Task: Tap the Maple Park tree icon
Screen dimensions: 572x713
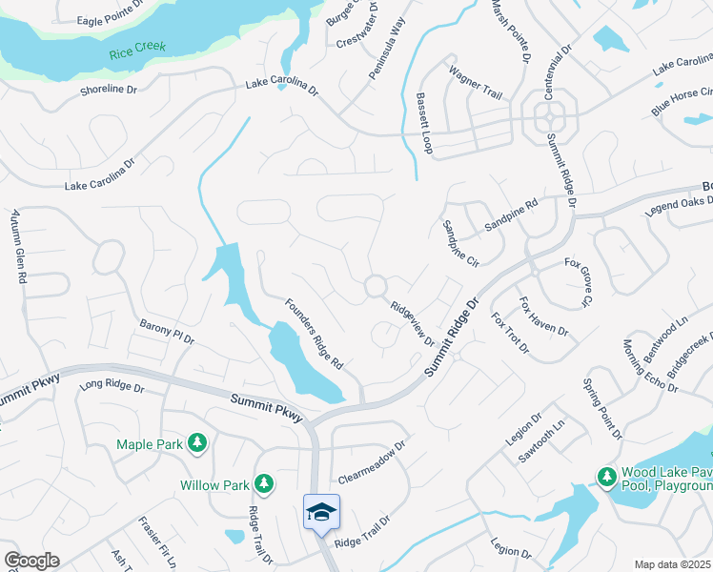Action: point(196,443)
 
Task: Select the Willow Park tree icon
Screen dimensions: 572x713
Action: point(264,484)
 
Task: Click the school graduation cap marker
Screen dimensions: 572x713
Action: point(321,512)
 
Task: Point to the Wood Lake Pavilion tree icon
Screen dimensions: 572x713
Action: point(604,476)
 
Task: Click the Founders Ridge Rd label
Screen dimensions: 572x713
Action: point(314,334)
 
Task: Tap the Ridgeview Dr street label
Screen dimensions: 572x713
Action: point(413,325)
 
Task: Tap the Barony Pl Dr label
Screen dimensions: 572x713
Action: point(167,333)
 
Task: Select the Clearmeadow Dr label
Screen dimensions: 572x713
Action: point(373,461)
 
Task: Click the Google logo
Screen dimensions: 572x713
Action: point(31,561)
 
